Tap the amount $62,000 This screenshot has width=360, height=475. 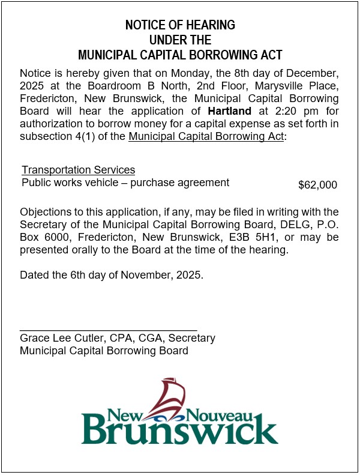coord(317,185)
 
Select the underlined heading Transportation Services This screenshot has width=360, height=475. coord(78,170)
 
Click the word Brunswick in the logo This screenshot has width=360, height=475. coord(179,430)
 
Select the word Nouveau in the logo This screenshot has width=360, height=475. coord(230,414)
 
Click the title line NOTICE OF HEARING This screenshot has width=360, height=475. coord(180,25)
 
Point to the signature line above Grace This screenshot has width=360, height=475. coord(108,330)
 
